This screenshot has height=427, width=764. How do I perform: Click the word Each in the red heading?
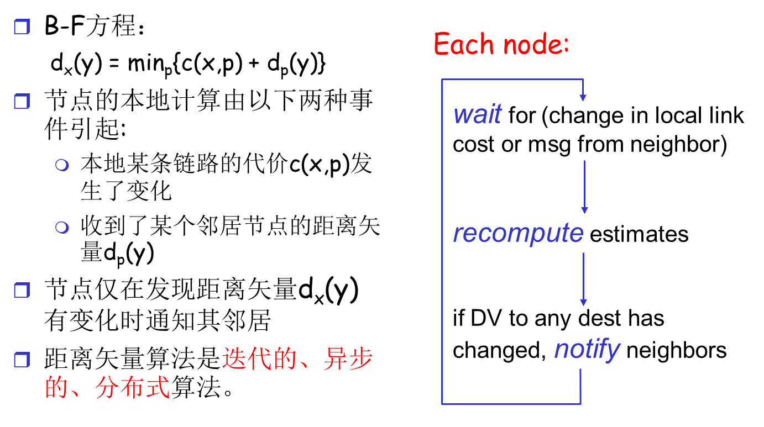(x=463, y=44)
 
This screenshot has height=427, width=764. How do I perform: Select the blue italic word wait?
(x=477, y=114)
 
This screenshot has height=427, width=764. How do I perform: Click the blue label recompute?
(x=518, y=233)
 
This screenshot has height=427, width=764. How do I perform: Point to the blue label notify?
(x=587, y=349)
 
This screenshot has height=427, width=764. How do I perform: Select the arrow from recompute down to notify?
(x=583, y=279)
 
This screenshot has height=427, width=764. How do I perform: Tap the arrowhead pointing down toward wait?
(x=583, y=97)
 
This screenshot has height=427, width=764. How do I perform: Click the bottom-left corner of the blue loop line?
(x=442, y=403)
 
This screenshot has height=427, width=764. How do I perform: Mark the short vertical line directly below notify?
(x=580, y=386)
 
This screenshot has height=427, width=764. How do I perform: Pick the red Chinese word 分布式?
(x=132, y=388)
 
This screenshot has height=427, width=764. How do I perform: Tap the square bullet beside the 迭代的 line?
(x=22, y=360)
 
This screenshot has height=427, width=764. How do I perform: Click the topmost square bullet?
(x=22, y=27)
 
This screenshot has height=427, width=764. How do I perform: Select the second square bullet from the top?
(x=22, y=102)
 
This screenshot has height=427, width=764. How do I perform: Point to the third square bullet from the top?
(x=22, y=291)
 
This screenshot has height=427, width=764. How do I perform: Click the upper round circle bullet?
(x=62, y=165)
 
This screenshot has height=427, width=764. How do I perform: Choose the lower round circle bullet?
(x=62, y=227)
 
